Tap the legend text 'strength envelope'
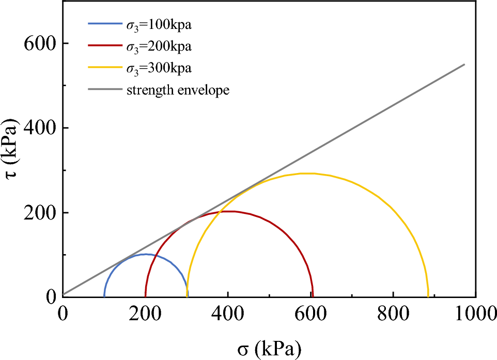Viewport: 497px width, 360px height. [x=178, y=90]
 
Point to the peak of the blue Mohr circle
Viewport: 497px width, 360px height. [x=146, y=254]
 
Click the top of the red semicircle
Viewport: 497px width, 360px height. [x=229, y=211]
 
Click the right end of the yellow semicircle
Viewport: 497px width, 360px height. [x=428, y=296]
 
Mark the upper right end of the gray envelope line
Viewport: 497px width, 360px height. [x=464, y=65]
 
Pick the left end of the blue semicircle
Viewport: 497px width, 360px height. [x=104, y=296]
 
